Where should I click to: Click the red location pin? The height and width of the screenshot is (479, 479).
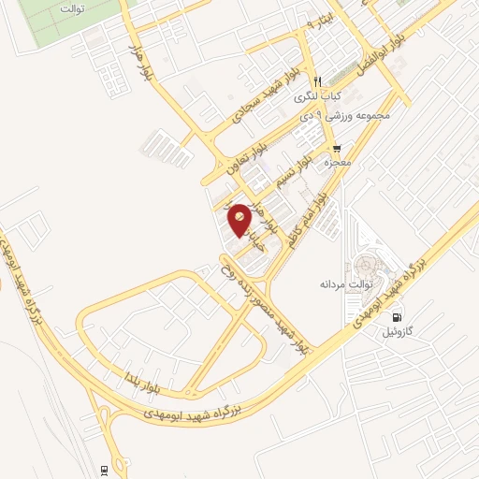coord(239,219)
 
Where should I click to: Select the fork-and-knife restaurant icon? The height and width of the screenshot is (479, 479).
coord(318,80)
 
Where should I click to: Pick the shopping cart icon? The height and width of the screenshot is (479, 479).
coord(336,148)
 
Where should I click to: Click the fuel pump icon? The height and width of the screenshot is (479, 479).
coord(399,317)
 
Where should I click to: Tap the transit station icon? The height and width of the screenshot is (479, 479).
coord(104,470)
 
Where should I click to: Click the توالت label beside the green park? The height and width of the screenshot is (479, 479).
coord(71,8)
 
